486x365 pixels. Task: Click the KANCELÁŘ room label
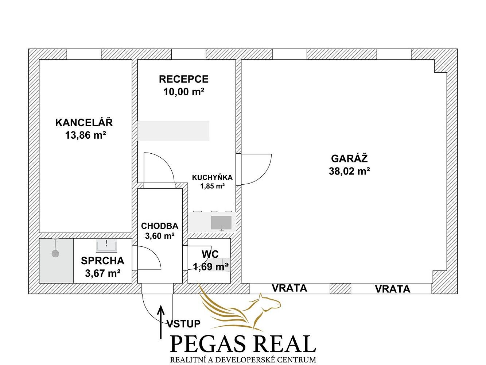click(x=84, y=123)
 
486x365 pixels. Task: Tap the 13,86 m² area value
click(x=85, y=135)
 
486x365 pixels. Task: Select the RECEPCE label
click(x=183, y=79)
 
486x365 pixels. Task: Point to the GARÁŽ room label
click(x=349, y=158)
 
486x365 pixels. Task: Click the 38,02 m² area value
click(x=349, y=171)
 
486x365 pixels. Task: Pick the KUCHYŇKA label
click(x=212, y=177)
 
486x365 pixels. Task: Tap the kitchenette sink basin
click(x=221, y=223)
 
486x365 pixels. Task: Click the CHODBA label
click(x=160, y=226)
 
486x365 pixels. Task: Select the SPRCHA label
click(x=102, y=261)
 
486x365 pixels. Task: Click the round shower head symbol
click(x=55, y=253)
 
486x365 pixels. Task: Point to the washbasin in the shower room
click(x=106, y=246)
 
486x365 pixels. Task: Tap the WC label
click(x=210, y=254)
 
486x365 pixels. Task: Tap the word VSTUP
click(x=184, y=324)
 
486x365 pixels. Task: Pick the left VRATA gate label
click(x=289, y=288)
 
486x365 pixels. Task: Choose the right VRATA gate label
click(x=393, y=289)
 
